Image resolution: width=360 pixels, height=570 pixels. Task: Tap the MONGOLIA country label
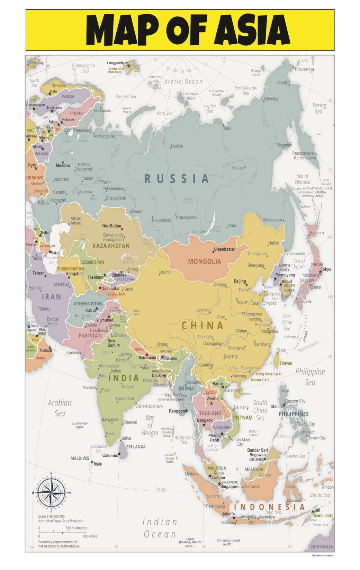pyautogui.click(x=204, y=261)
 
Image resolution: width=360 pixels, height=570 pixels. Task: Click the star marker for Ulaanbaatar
pyautogui.click(x=213, y=252)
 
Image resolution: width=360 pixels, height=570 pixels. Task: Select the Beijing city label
pyautogui.click(x=240, y=281)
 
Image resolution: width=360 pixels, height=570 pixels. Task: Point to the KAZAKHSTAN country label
pyautogui.click(x=111, y=246)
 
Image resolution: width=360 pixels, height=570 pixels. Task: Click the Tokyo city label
pyautogui.click(x=326, y=269)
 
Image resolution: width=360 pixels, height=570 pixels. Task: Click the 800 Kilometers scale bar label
pyautogui.click(x=76, y=528)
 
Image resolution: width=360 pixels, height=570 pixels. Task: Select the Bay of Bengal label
pyautogui.click(x=150, y=425)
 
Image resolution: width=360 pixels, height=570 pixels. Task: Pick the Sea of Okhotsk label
pyautogui.click(x=303, y=179)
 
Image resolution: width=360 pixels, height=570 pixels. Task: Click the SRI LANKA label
pyautogui.click(x=136, y=447)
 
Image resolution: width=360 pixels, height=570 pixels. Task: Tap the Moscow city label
pyautogui.click(x=63, y=166)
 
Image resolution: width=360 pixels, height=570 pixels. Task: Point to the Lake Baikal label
pyautogui.click(x=217, y=229)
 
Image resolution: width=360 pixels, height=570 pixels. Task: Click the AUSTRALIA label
pyautogui.click(x=322, y=547)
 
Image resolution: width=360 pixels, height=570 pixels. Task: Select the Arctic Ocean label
pyautogui.click(x=183, y=82)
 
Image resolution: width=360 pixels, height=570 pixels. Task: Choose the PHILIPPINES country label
pyautogui.click(x=293, y=414)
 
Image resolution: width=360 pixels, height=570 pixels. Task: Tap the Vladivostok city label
pyautogui.click(x=296, y=254)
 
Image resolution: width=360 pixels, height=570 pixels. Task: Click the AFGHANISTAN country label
pyautogui.click(x=88, y=304)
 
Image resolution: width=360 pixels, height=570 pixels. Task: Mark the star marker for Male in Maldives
pyautogui.click(x=92, y=462)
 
